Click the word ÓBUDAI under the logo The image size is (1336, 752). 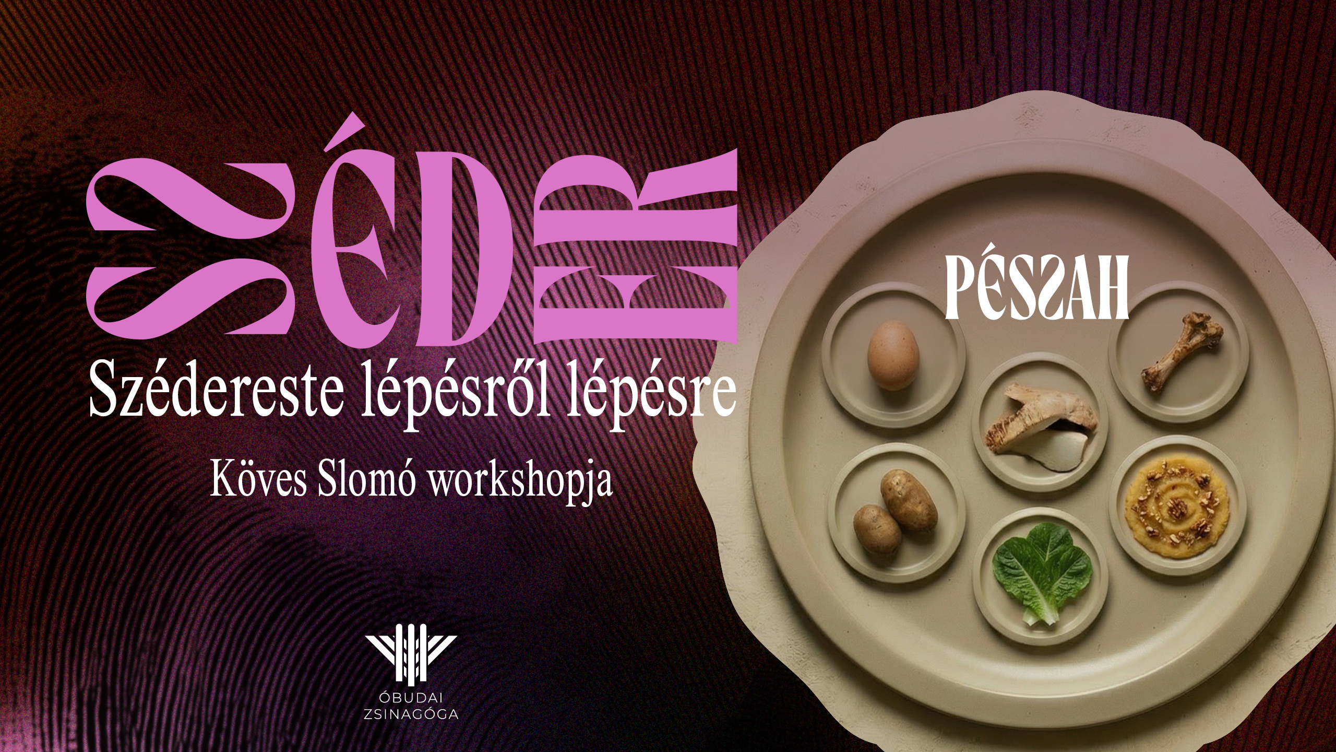411,698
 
